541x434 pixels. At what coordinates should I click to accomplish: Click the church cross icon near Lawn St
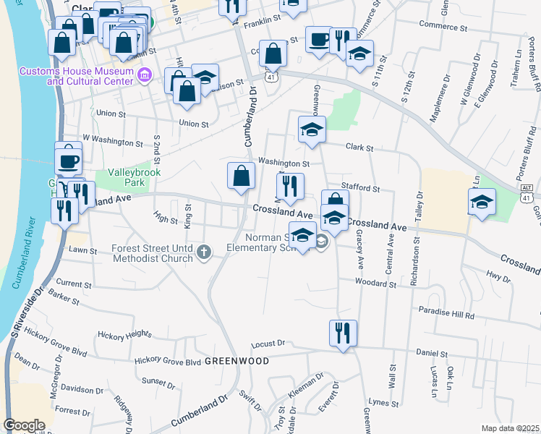pyautogui.click(x=205, y=252)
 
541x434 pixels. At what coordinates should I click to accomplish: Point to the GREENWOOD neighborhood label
pyautogui.click(x=237, y=360)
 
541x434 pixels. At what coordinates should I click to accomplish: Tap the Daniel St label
pyautogui.click(x=433, y=354)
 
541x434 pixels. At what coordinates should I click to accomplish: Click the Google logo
pyautogui.click(x=24, y=425)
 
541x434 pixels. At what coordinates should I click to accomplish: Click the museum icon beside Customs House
pyautogui.click(x=144, y=75)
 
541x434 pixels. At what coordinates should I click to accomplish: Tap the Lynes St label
pyautogui.click(x=378, y=401)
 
